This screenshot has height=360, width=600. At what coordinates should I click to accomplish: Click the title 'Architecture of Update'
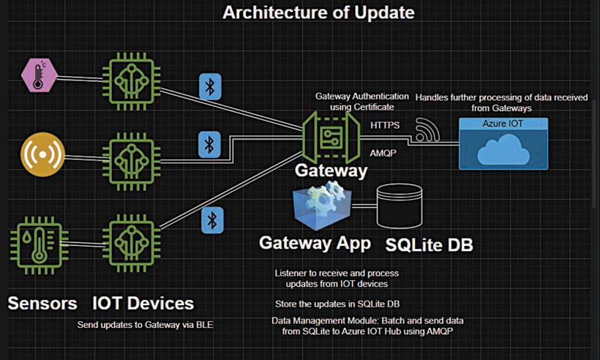click(318, 12)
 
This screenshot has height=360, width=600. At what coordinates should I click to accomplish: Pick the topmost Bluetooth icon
click(211, 87)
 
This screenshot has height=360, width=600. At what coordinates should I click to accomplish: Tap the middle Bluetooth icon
click(211, 143)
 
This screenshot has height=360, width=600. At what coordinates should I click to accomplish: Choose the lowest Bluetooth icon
click(212, 220)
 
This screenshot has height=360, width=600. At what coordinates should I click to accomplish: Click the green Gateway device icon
click(331, 136)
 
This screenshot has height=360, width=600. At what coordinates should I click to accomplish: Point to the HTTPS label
click(385, 125)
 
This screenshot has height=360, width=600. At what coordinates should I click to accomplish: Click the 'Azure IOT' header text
click(503, 124)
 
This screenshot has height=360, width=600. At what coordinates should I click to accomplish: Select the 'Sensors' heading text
click(42, 302)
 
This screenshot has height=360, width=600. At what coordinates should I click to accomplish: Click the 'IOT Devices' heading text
click(143, 302)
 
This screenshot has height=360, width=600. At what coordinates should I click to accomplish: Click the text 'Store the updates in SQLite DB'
click(337, 304)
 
